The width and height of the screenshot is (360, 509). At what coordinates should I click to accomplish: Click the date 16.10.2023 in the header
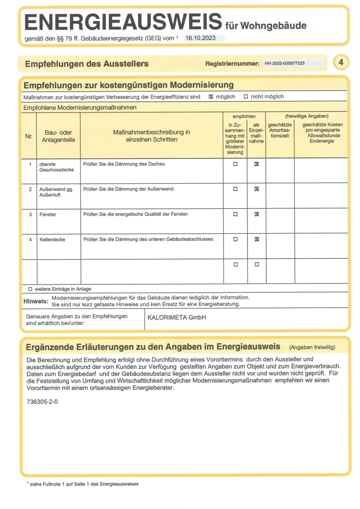(201, 38)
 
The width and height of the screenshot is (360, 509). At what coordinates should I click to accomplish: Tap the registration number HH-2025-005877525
(284, 64)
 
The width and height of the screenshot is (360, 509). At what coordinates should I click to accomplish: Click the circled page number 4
(341, 63)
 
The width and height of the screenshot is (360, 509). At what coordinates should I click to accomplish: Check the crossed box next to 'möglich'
(211, 97)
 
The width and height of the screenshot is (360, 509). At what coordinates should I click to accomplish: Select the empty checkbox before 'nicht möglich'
(246, 97)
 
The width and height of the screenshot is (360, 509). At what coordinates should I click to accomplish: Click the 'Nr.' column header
(29, 136)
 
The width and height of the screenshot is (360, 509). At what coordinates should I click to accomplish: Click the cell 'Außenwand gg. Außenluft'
(57, 192)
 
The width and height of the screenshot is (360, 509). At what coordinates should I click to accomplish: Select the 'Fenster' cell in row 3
(48, 214)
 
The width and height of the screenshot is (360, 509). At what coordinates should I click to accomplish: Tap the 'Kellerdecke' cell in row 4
(52, 239)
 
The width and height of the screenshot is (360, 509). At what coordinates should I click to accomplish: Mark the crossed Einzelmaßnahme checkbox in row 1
(257, 164)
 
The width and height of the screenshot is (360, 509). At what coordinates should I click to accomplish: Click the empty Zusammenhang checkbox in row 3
(235, 214)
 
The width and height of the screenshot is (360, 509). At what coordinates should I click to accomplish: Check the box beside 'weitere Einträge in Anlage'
(30, 289)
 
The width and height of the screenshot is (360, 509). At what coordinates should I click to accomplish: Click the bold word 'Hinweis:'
(36, 301)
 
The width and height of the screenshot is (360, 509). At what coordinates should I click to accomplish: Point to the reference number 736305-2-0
(42, 402)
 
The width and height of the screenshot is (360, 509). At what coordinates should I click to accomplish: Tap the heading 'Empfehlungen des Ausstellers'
(87, 64)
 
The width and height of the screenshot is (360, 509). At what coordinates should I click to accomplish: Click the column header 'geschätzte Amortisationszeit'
(280, 130)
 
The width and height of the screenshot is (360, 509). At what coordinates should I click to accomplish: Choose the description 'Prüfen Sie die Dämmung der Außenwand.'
(129, 189)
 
